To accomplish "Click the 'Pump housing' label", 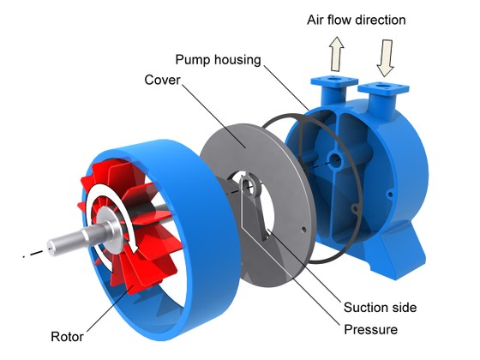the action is [218, 60].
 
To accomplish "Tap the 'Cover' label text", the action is [162, 80].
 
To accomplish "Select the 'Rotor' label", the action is [67, 336].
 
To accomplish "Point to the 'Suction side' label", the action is [380, 308].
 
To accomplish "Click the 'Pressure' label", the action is [370, 330].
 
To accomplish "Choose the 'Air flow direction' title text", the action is [357, 21].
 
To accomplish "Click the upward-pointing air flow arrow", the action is [336, 54].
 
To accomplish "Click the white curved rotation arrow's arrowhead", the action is [134, 246].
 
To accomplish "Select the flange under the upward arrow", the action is [334, 81].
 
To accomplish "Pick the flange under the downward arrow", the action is [383, 87].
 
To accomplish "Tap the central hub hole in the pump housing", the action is [336, 160].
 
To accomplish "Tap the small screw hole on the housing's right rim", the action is [390, 194].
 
